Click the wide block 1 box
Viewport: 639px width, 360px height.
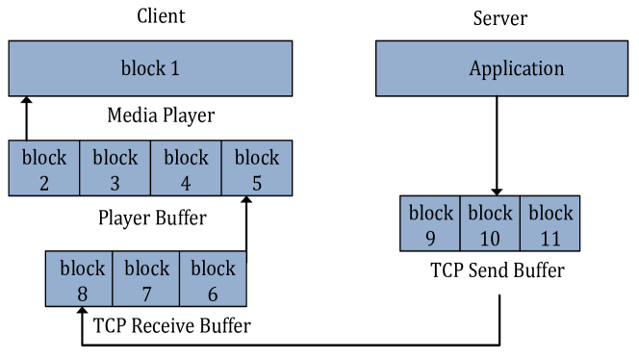tap(150, 68)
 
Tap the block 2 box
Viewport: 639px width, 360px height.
tap(44, 168)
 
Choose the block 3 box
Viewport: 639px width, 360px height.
tap(115, 168)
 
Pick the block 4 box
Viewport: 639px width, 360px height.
tap(186, 168)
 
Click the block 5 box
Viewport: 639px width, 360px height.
tap(257, 168)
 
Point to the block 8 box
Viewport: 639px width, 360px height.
tap(80, 279)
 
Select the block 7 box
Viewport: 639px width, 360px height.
tap(146, 279)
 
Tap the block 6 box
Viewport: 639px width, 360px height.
tap(213, 279)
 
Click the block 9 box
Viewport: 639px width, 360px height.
tap(430, 223)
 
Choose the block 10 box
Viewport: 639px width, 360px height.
tap(490, 223)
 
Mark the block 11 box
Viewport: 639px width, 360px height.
tap(550, 223)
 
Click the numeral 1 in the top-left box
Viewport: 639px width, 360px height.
tap(174, 69)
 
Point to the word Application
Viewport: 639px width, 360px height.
tap(516, 69)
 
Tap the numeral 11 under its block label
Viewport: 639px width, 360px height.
tap(550, 238)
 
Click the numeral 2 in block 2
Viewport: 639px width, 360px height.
tap(44, 182)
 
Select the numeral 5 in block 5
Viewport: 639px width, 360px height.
tap(257, 182)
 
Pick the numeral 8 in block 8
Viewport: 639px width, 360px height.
tap(81, 294)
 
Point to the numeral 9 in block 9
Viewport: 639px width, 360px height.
tap(430, 238)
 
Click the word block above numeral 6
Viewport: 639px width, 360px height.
tap(213, 268)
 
